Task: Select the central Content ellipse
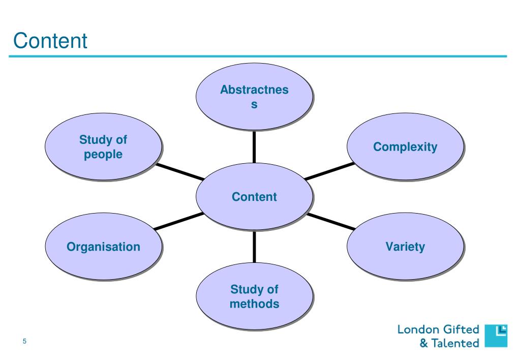pyautogui.click(x=254, y=197)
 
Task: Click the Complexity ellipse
pyautogui.click(x=405, y=147)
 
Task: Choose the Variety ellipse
pyautogui.click(x=405, y=247)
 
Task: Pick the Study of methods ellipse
pyautogui.click(x=254, y=297)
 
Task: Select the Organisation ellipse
pyautogui.click(x=104, y=247)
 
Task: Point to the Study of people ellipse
pyautogui.click(x=104, y=147)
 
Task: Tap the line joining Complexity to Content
pyautogui.click(x=329, y=171)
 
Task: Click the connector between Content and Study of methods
pyautogui.click(x=254, y=247)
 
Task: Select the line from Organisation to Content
pyautogui.click(x=178, y=222)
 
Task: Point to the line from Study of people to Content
pyautogui.click(x=179, y=172)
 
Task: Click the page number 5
pyautogui.click(x=24, y=341)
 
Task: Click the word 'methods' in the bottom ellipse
pyautogui.click(x=254, y=304)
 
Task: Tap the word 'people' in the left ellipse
pyautogui.click(x=103, y=154)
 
